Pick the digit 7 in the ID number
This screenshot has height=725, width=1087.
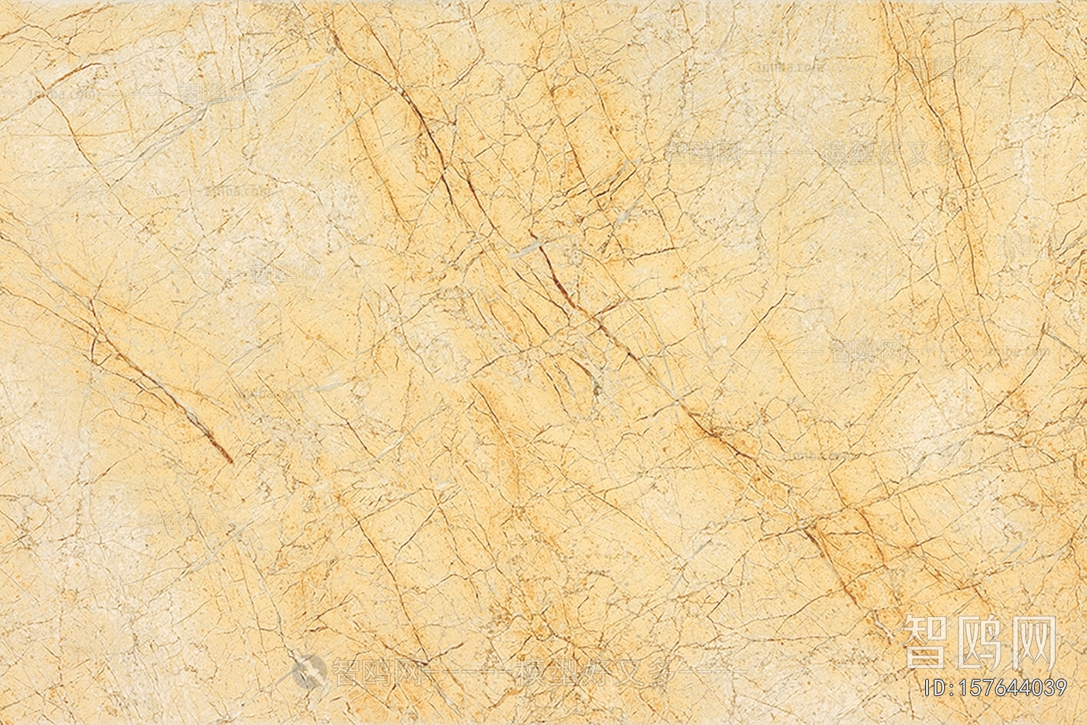click(x=996, y=688)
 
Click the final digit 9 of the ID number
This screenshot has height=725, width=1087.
click(x=1060, y=688)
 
